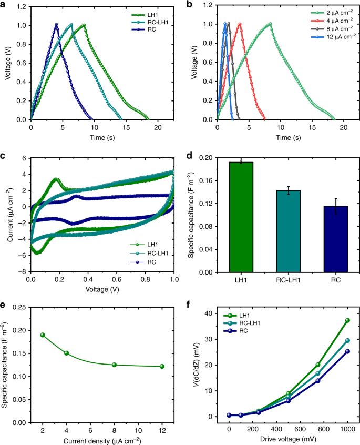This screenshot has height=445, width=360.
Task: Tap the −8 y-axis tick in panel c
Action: tap(22, 272)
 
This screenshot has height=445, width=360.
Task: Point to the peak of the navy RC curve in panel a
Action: tap(56, 24)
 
